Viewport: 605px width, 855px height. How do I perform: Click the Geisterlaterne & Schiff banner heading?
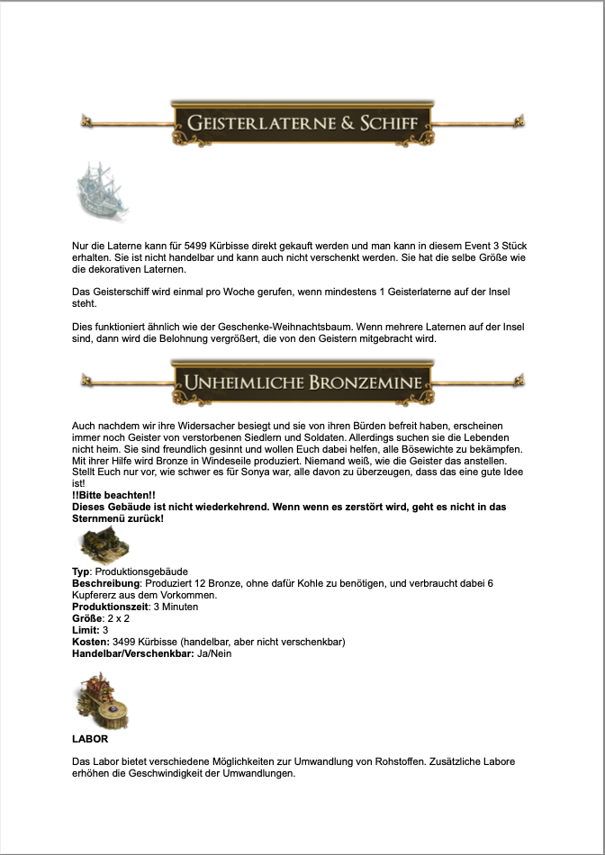pyautogui.click(x=302, y=121)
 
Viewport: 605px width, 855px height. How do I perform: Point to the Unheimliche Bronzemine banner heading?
pyautogui.click(x=302, y=382)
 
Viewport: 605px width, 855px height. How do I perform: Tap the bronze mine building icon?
pyautogui.click(x=104, y=545)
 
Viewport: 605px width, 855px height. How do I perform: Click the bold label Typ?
pyautogui.click(x=81, y=571)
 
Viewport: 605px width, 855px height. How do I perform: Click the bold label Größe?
pyautogui.click(x=88, y=618)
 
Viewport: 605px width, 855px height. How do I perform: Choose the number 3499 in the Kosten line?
pyautogui.click(x=126, y=642)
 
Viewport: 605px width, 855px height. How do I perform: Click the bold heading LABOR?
pyautogui.click(x=90, y=738)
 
